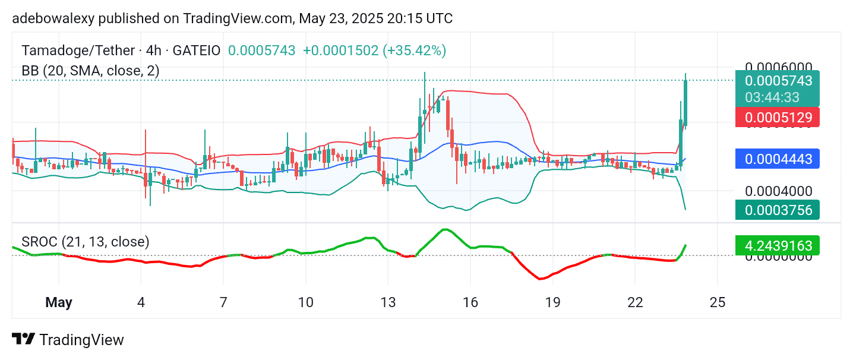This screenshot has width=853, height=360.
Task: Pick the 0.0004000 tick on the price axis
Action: (x=778, y=191)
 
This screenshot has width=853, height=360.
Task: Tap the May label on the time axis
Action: (x=59, y=302)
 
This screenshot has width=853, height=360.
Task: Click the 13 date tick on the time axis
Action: (x=388, y=302)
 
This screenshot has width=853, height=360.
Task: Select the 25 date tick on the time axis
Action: (x=718, y=302)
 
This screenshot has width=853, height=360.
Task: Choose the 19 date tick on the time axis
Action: (x=552, y=302)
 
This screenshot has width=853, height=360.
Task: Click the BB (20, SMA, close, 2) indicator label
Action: (x=90, y=71)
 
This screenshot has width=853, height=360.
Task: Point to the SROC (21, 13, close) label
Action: (x=86, y=242)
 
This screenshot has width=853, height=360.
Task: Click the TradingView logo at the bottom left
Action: (x=68, y=340)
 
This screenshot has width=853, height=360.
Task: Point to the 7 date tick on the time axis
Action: (x=223, y=302)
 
